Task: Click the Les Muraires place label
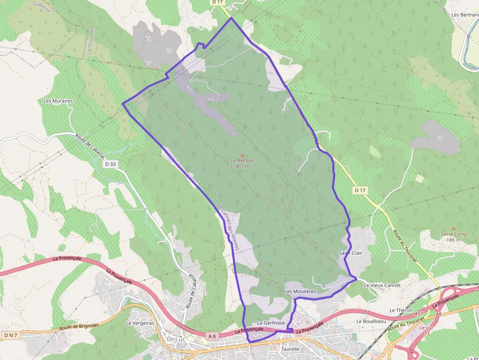point(58,101)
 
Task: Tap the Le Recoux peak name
point(242,160)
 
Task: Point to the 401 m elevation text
point(242,166)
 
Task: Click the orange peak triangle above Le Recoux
point(242,154)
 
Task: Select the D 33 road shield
point(110,164)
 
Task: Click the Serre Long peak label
point(454,234)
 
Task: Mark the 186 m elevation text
point(453,240)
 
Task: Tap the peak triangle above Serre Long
point(454,228)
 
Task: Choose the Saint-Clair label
point(351,253)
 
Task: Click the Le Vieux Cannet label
point(382,285)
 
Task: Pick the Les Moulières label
point(301,291)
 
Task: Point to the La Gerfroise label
point(271,323)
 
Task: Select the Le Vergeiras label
point(140,323)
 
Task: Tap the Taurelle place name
point(290,349)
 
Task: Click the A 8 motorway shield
point(211,336)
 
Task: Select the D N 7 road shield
point(10,335)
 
